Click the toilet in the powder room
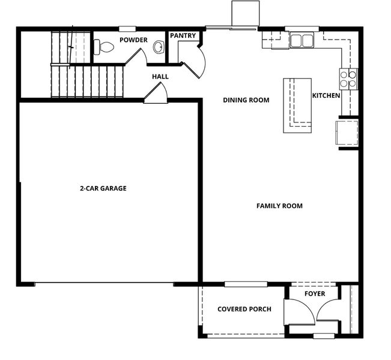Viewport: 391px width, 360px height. pos(104,47)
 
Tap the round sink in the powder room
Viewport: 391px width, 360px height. pos(159,47)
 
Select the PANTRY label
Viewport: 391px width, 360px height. pos(183,35)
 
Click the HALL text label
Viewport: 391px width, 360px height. pos(160,76)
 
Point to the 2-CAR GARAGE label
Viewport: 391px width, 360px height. pos(103,188)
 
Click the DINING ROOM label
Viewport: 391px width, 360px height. pos(246,100)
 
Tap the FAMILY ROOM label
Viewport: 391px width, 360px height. pos(279,206)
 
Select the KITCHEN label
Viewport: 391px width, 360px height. pos(326,95)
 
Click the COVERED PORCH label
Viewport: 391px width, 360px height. pos(244,309)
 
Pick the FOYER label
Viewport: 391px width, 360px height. pos(315,294)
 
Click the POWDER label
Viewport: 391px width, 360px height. pos(134,40)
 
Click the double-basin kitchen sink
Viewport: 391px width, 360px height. pos(302,40)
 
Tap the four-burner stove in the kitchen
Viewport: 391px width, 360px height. pos(348,79)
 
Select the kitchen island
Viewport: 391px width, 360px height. pos(297,106)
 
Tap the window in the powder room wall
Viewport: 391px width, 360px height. pos(127,29)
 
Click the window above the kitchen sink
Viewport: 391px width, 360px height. pos(302,29)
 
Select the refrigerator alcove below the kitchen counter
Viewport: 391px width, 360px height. pos(347,133)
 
